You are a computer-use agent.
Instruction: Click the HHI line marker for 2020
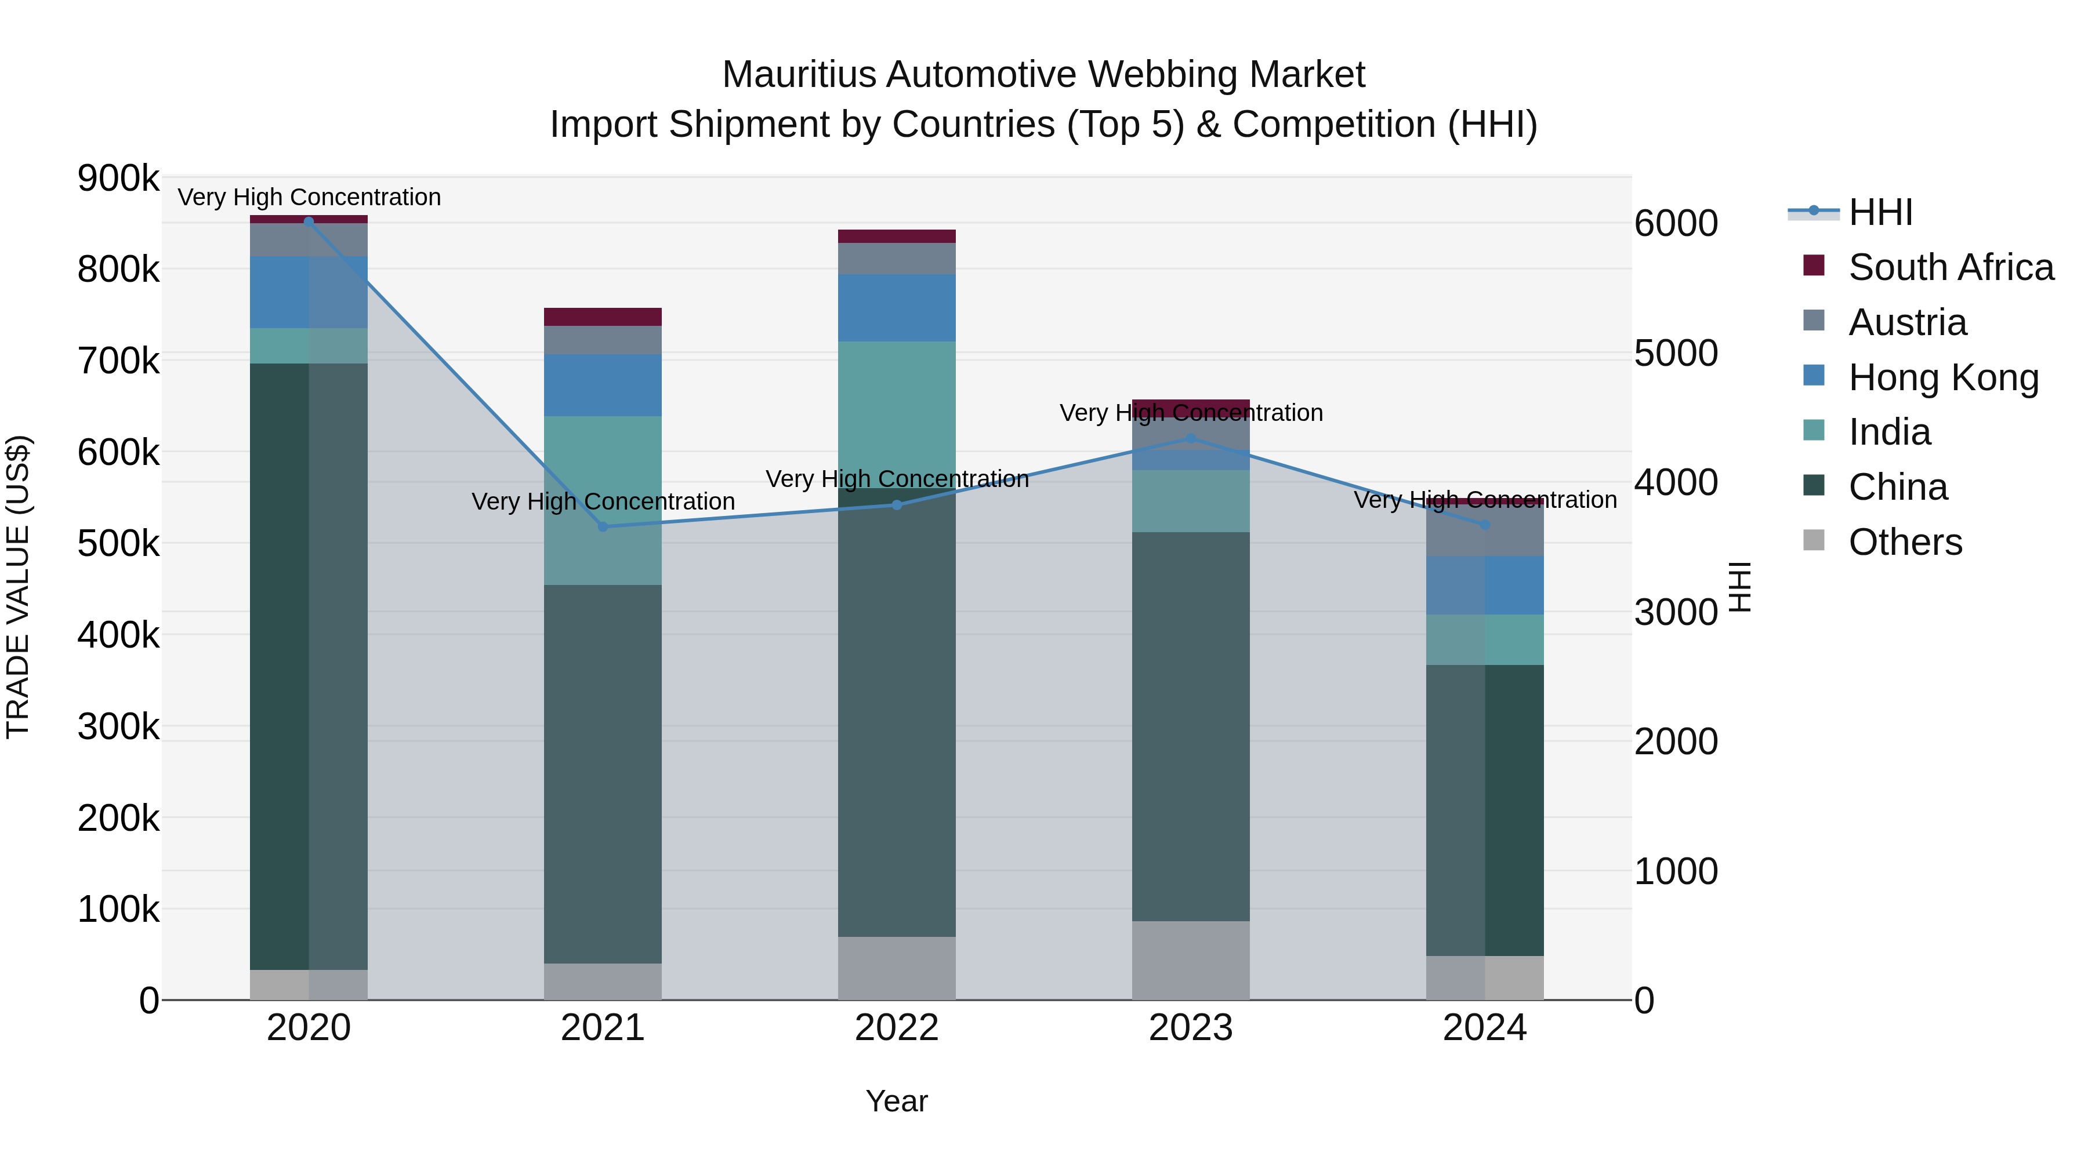tap(308, 221)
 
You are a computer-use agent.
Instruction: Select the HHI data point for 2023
tap(1191, 438)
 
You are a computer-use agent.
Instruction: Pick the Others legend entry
tap(1905, 542)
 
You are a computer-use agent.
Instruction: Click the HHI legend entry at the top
tap(1880, 212)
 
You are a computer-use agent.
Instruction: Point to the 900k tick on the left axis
tap(118, 178)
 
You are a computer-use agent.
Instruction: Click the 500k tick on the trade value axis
tap(118, 544)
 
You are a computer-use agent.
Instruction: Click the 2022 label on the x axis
tap(897, 1028)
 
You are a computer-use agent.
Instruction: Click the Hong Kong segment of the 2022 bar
tap(897, 308)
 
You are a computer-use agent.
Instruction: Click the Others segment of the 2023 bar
tap(1191, 960)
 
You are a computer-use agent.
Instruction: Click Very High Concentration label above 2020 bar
tap(309, 197)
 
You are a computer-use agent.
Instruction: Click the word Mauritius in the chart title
tap(799, 75)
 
